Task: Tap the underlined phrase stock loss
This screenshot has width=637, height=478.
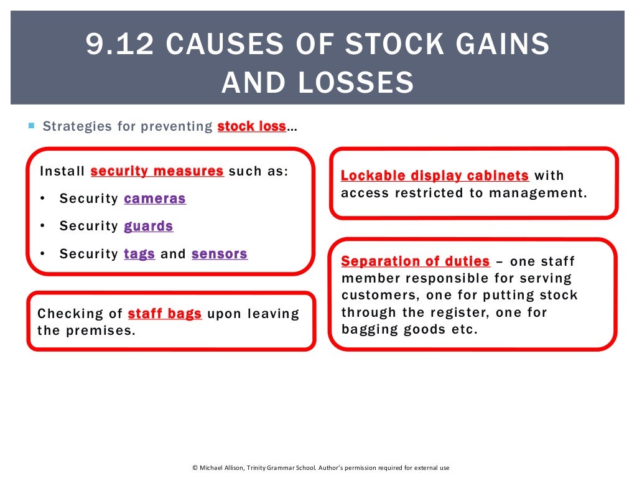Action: pos(251,126)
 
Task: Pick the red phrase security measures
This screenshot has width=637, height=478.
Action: pos(157,171)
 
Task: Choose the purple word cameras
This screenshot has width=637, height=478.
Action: pos(155,199)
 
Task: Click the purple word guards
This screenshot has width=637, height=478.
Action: pos(149,226)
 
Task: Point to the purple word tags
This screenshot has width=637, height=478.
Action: pos(139,254)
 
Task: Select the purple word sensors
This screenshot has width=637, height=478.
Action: pos(220,254)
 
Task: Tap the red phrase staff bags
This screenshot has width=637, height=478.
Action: pos(165,314)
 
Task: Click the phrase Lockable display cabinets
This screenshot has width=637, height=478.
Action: pos(435,176)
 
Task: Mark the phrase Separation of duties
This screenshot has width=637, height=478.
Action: pos(416,261)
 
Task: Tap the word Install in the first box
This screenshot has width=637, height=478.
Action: pos(62,171)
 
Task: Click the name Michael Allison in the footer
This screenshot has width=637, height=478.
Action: pos(224,467)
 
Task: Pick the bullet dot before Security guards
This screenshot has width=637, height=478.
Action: pos(42,226)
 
